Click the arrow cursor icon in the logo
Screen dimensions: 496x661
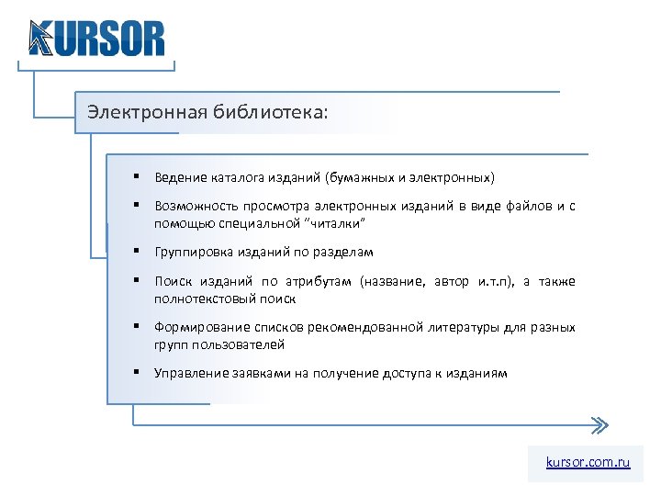click(x=41, y=38)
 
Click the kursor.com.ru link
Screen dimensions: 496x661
click(x=588, y=463)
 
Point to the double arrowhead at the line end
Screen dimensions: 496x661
click(x=598, y=425)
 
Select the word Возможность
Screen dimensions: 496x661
click(x=195, y=207)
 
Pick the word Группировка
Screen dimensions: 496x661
click(x=191, y=252)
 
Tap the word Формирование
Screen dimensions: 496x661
click(x=197, y=327)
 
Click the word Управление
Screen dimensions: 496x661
click(x=188, y=373)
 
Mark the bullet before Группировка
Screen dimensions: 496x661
click(x=135, y=251)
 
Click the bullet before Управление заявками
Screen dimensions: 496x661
click(x=135, y=372)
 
